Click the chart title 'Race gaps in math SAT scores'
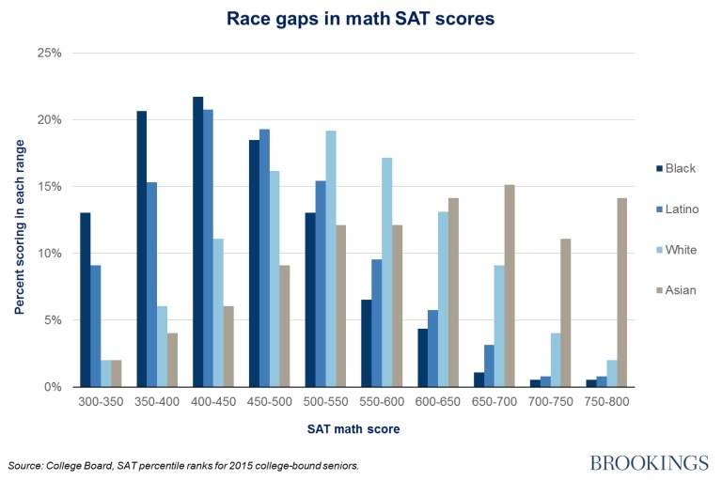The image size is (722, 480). pos(361,18)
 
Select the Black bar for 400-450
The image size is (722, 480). pos(198,241)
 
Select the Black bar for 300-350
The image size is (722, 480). pos(86,300)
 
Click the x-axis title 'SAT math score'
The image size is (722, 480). pos(352,429)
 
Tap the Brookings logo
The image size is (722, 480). pos(649,463)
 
